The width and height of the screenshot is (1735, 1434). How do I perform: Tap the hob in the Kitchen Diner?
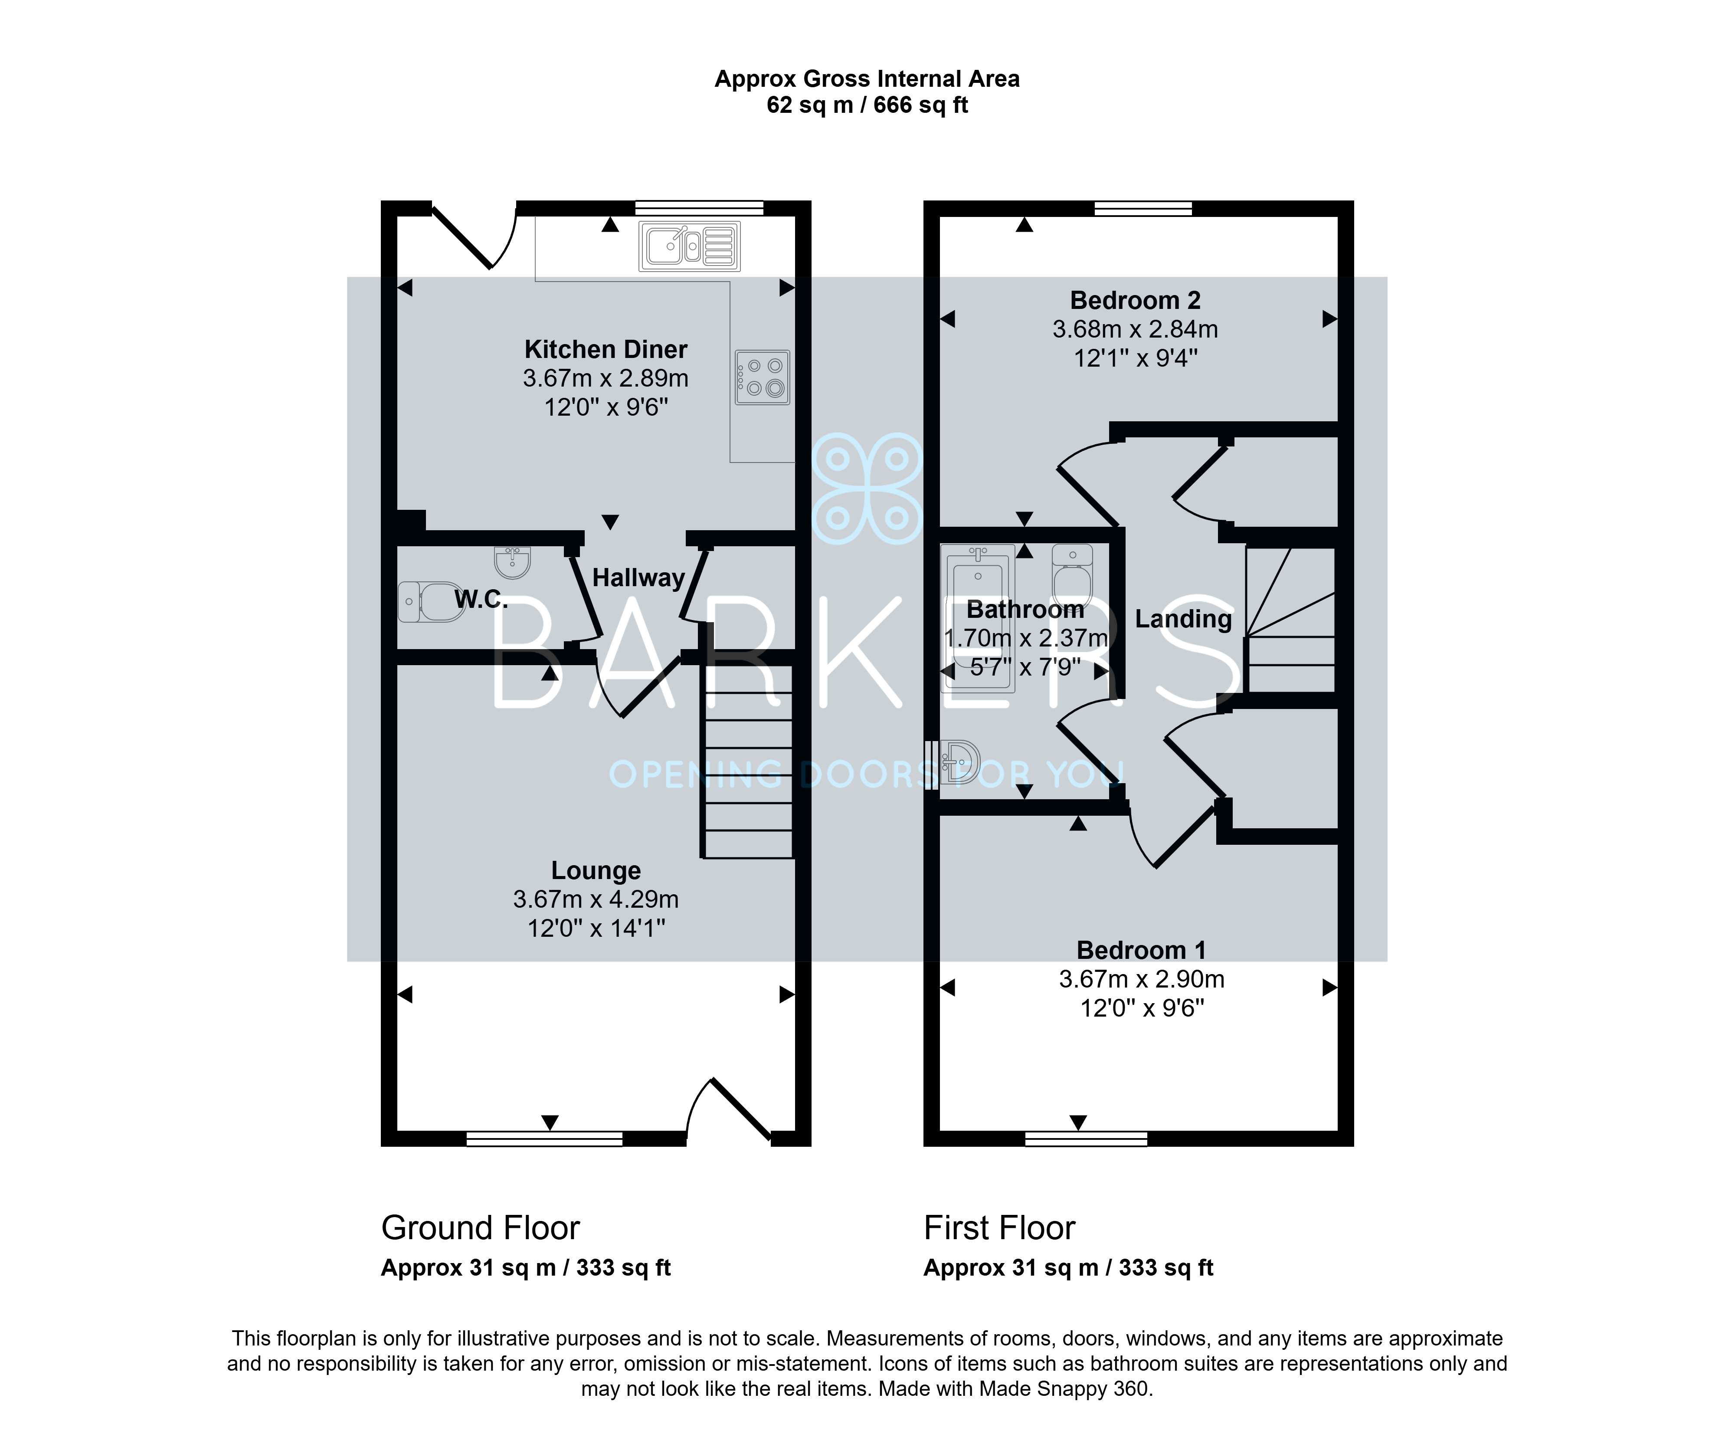coord(762,377)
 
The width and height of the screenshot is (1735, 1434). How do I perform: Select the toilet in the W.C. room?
coord(429,601)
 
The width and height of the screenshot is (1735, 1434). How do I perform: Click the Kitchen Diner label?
coord(606,349)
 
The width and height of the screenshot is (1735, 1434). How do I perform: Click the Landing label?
coord(1183,619)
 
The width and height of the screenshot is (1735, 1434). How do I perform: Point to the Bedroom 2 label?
coord(1136,300)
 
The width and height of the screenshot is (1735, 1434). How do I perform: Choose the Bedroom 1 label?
coord(1141,951)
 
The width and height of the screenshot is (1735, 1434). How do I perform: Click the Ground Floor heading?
coord(481,1228)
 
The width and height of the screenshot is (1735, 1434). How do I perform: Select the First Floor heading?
coord(999,1228)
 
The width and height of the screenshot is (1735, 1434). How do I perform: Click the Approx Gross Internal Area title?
coord(867,79)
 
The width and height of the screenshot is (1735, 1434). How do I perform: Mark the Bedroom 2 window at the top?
coord(1144,208)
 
